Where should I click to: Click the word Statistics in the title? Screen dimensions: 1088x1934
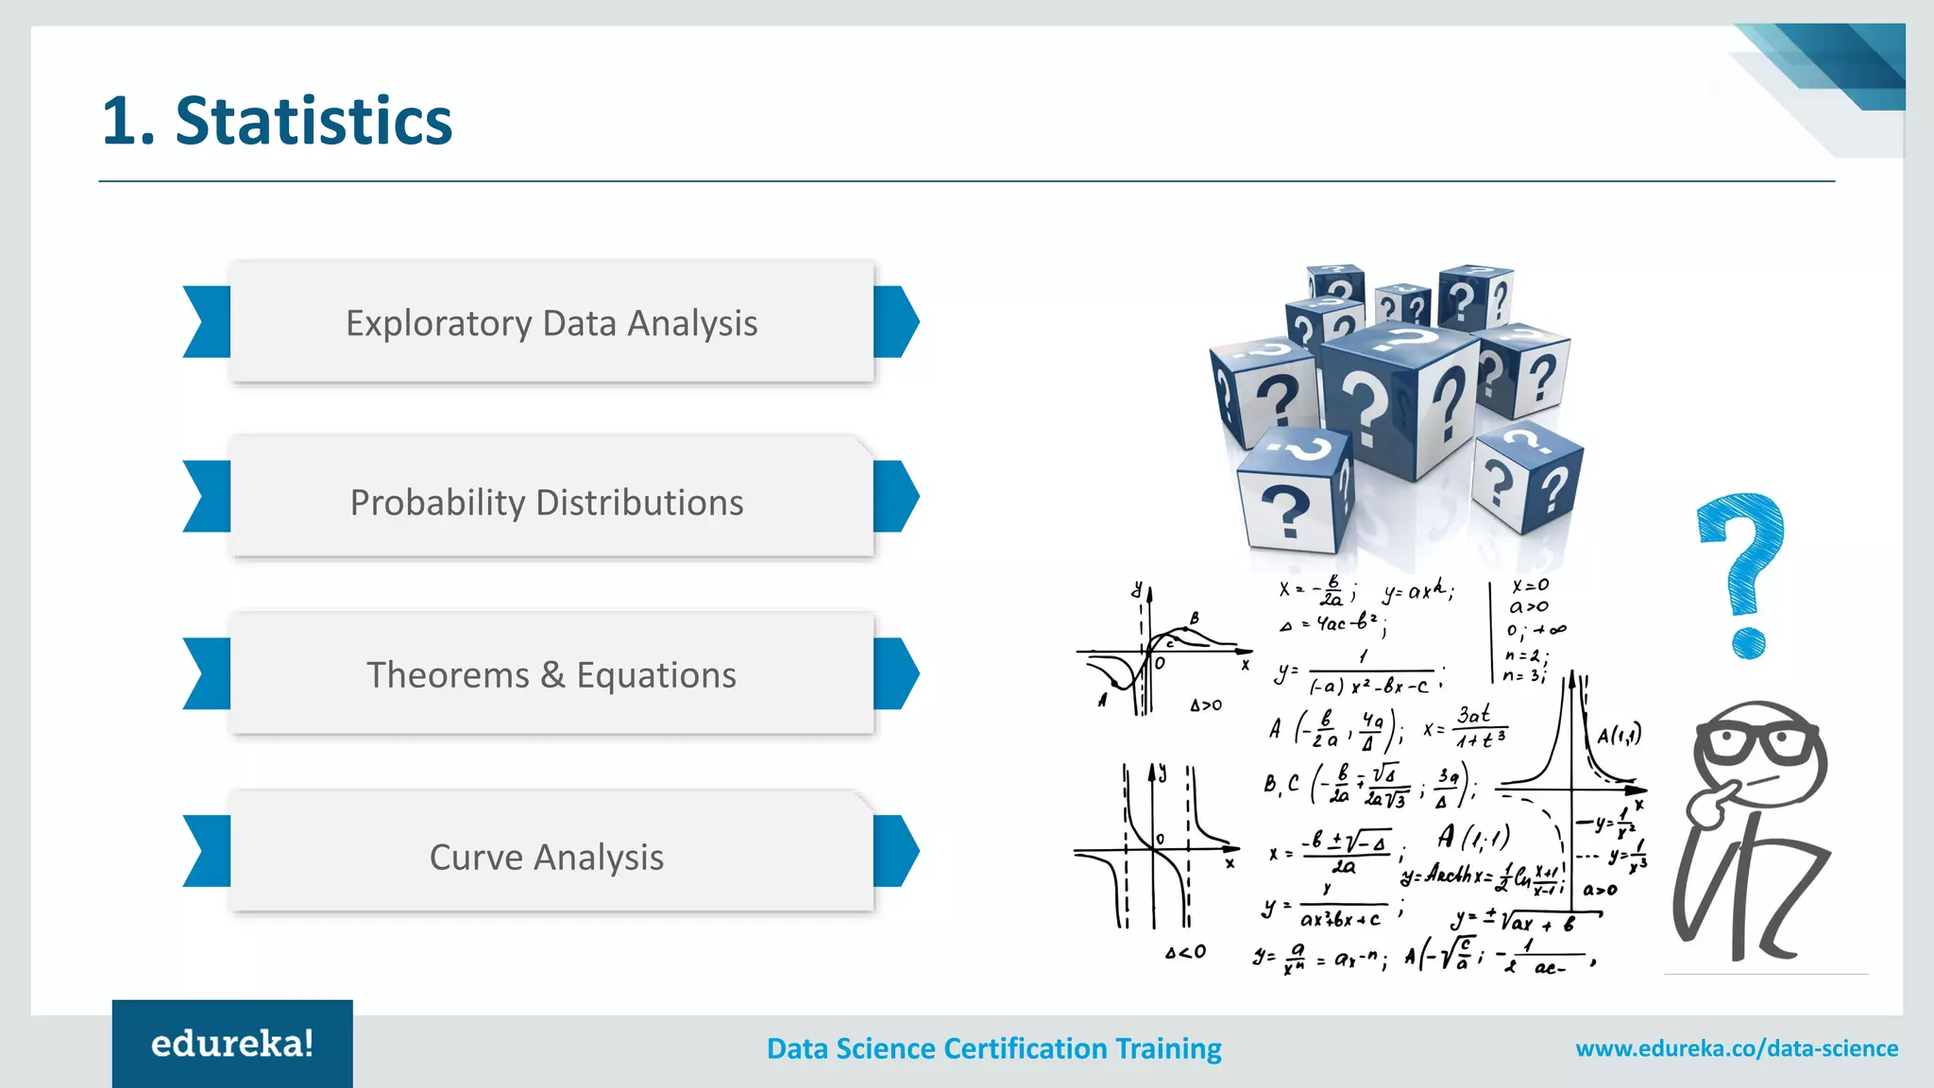314,122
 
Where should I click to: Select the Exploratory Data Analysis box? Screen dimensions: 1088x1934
551,323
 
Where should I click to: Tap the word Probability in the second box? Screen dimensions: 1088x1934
437,502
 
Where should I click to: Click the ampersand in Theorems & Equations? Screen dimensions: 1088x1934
552,675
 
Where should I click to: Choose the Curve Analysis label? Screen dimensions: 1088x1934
546,858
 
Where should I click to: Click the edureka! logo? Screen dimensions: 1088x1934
232,1044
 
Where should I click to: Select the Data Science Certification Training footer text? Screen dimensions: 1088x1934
993,1048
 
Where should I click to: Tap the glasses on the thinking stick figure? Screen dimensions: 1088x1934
1759,741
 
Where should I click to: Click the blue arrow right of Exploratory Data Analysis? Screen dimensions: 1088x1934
896,322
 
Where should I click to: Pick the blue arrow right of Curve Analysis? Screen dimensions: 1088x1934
896,851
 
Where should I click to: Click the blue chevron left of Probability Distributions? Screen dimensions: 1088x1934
207,497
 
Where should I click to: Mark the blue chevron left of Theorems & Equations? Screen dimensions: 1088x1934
207,673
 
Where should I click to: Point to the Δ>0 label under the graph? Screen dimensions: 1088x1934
1205,705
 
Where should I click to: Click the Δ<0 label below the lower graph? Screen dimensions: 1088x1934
1185,952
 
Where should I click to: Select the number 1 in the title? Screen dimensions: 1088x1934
121,122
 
